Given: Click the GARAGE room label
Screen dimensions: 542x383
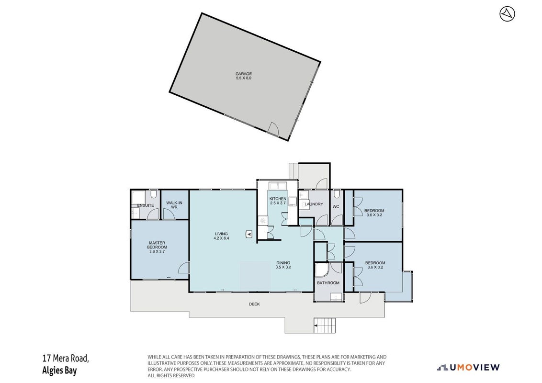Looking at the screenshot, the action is coord(244,74).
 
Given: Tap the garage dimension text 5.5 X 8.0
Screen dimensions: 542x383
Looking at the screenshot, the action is coord(244,78).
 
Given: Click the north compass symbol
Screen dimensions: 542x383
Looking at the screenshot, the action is coord(507,14).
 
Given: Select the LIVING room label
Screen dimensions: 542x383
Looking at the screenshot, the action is coord(221,234).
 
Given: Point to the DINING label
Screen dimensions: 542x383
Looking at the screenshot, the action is coord(283,263).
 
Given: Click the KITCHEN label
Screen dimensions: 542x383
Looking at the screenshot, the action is coord(278,199).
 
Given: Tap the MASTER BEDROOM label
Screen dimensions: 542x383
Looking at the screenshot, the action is coord(157,245).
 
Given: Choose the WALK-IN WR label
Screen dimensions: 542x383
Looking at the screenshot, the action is coord(174,205).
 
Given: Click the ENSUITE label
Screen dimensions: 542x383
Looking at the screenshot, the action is coord(146,206).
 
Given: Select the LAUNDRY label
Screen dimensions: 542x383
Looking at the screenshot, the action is coord(314,204).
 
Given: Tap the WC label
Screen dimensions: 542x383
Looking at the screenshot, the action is coord(336,207).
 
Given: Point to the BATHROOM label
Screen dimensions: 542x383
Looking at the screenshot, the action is coord(328,283).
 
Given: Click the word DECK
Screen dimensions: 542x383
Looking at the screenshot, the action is coord(254,304).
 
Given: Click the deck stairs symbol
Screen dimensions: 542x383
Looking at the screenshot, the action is coord(325,326).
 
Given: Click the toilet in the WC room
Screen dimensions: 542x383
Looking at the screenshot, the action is coord(337,193).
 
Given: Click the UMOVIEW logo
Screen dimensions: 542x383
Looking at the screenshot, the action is coord(468,368).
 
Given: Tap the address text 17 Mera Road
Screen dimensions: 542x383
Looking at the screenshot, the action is coord(66,358).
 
